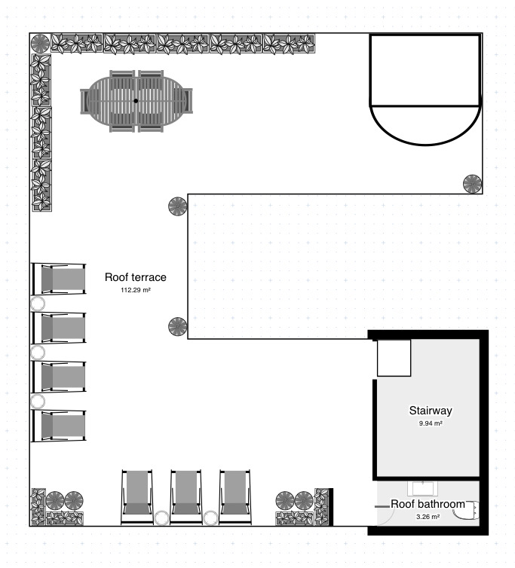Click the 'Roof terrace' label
point(135,277)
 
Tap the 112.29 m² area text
point(136,290)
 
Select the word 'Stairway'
point(431,411)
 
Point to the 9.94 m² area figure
point(431,423)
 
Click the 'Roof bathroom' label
point(428,504)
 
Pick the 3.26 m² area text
point(428,517)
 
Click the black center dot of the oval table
point(136,101)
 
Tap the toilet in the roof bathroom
point(467,510)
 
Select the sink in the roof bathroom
point(422,488)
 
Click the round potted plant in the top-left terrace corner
point(40,44)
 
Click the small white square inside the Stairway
point(394,358)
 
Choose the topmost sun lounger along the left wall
point(59,279)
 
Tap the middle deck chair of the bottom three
point(185,497)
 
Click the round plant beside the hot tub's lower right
point(472,184)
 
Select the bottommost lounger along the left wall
point(59,426)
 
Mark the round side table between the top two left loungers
point(38,304)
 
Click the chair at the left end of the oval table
point(84,101)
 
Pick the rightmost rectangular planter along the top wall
point(289,44)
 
